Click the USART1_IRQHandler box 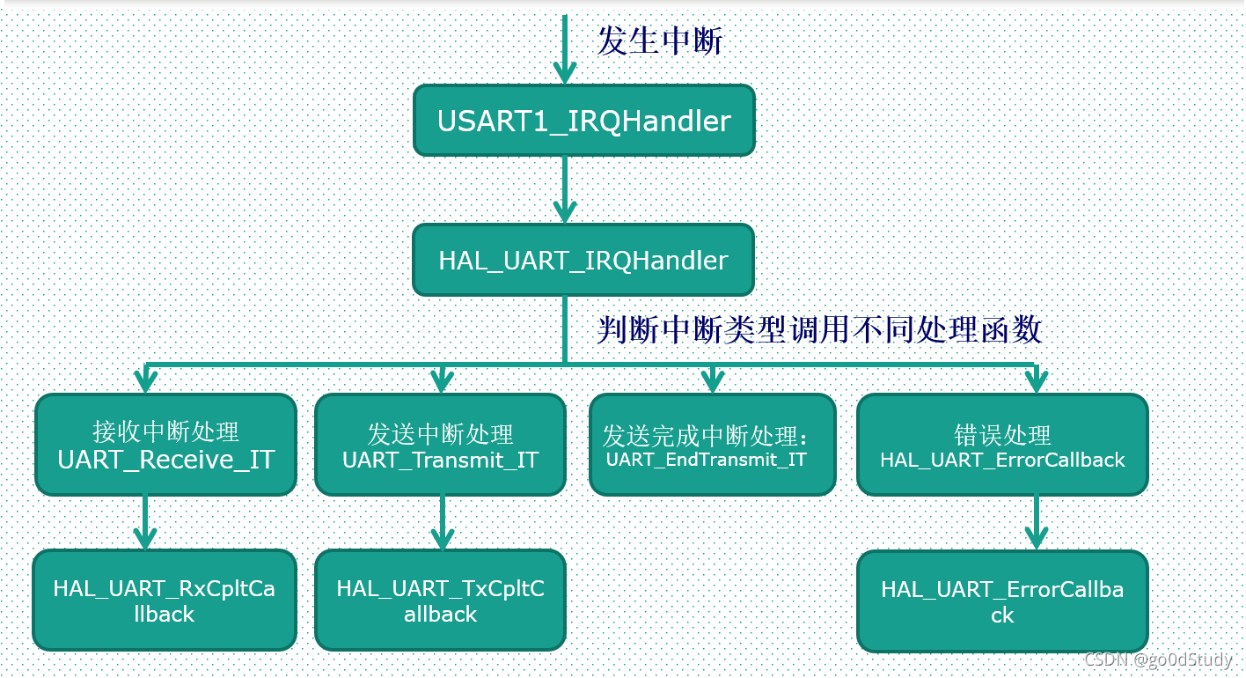click(x=583, y=121)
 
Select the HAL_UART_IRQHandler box click(x=583, y=260)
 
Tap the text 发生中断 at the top click(x=660, y=41)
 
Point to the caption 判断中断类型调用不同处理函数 click(x=819, y=330)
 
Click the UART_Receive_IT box click(x=165, y=445)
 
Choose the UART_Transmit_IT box click(x=440, y=445)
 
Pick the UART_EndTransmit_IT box click(x=712, y=445)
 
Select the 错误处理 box click(x=1002, y=445)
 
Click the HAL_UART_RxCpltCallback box click(x=165, y=601)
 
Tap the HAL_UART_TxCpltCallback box click(x=440, y=601)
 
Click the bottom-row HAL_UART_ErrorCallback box click(x=1002, y=601)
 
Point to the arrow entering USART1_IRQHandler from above click(x=564, y=53)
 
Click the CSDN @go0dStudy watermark click(x=1158, y=660)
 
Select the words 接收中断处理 click(x=165, y=431)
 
